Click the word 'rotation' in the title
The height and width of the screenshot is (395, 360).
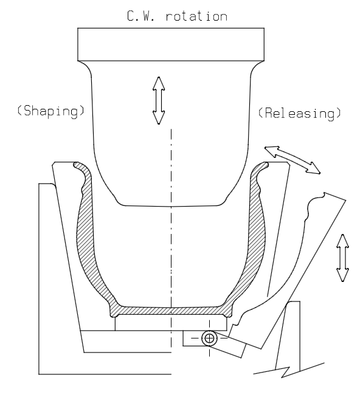tap(196, 16)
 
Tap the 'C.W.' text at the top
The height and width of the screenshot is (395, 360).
tap(140, 16)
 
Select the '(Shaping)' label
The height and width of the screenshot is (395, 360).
tap(50, 111)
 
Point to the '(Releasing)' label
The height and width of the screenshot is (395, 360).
tap(300, 113)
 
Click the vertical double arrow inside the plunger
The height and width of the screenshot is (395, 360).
tap(159, 100)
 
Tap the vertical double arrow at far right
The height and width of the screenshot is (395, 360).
tap(342, 258)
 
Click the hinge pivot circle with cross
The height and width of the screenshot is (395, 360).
tap(210, 338)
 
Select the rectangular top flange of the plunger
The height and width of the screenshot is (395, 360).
tap(171, 44)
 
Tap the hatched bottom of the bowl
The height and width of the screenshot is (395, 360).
tap(171, 311)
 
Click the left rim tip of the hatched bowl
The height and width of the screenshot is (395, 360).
tap(75, 165)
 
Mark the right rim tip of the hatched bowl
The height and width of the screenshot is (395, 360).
tap(266, 165)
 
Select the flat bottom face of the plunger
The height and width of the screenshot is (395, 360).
tap(171, 206)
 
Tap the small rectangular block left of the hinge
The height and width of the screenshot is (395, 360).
tap(192, 338)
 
